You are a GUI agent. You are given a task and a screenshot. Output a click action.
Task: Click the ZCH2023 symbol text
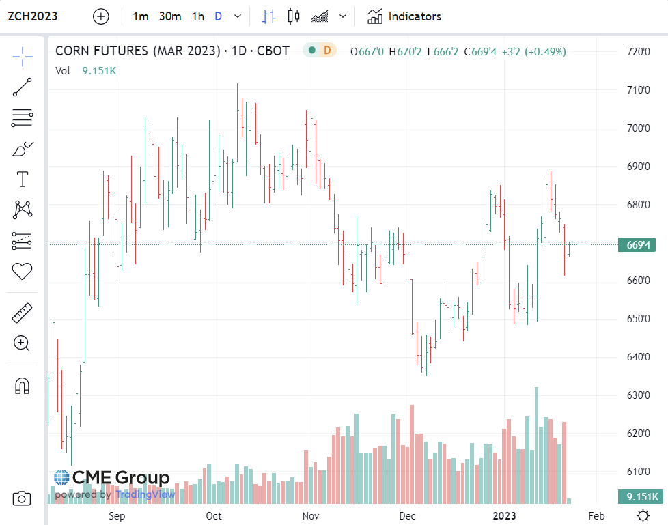[32, 16]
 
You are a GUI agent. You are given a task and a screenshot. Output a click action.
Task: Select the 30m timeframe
[170, 16]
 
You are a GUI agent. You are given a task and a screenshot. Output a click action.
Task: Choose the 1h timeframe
[197, 16]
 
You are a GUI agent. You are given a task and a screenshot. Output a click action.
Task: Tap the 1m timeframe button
[141, 16]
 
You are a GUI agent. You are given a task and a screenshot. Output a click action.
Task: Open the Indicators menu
[404, 16]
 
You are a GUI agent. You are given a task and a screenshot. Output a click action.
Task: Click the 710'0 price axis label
[639, 90]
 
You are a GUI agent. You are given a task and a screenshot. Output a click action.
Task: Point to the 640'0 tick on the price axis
[639, 356]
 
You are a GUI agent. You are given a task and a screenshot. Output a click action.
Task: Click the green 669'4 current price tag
[637, 244]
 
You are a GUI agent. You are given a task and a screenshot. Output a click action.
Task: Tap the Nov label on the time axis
[311, 515]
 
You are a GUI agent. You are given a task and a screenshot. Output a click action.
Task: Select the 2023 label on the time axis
[505, 515]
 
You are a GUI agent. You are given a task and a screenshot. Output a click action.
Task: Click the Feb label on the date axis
[596, 515]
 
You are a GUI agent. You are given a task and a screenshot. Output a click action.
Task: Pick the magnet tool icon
[23, 386]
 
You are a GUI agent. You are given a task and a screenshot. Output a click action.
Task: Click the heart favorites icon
[23, 271]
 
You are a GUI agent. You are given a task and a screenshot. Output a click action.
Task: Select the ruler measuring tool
[23, 313]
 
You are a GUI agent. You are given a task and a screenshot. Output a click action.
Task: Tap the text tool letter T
[23, 180]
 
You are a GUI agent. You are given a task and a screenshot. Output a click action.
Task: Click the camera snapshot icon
[22, 499]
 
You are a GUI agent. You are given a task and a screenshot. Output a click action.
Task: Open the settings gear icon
[643, 515]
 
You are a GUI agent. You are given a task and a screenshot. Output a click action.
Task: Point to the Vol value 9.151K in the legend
[99, 70]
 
